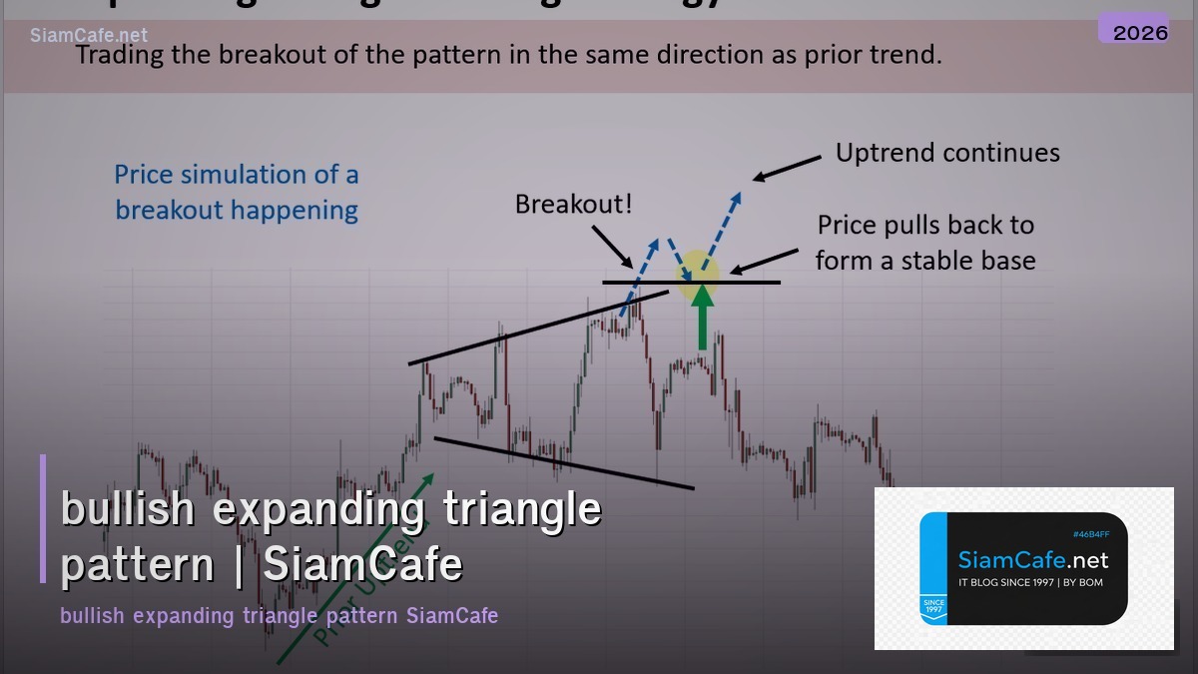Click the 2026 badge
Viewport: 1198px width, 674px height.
(x=1140, y=32)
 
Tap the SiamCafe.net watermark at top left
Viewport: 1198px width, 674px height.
(x=89, y=36)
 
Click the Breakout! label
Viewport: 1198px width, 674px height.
(x=573, y=205)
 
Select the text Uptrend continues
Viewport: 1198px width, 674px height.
(x=947, y=153)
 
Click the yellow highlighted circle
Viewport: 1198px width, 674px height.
(x=698, y=276)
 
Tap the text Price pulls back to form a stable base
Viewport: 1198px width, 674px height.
(x=924, y=243)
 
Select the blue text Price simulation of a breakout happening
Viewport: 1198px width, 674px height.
(x=237, y=192)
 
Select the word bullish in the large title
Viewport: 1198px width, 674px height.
(x=127, y=509)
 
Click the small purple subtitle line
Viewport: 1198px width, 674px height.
(x=279, y=615)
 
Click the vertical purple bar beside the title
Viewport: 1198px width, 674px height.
(x=43, y=518)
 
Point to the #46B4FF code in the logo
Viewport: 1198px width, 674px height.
(x=1090, y=535)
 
